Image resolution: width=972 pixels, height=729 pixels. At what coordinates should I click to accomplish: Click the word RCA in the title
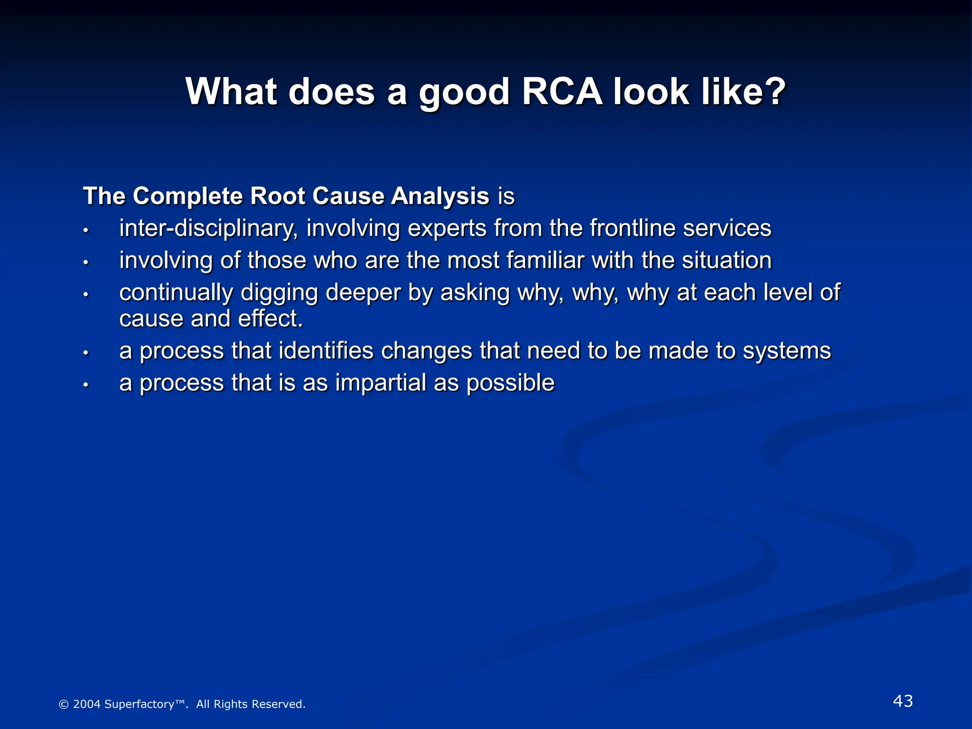562,91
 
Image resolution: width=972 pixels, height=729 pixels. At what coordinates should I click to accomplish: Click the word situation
727,261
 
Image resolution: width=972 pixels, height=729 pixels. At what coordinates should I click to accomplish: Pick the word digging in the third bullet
279,293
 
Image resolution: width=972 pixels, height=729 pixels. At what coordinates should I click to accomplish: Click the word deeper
363,293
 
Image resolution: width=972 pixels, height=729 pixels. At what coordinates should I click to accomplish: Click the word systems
786,351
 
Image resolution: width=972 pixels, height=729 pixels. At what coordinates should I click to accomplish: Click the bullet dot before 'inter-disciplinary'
86,231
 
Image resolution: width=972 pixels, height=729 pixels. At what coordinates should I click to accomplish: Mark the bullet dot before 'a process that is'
86,385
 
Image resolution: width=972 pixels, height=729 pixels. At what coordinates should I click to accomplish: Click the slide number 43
903,701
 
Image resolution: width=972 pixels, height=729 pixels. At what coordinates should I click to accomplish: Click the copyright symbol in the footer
64,705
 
